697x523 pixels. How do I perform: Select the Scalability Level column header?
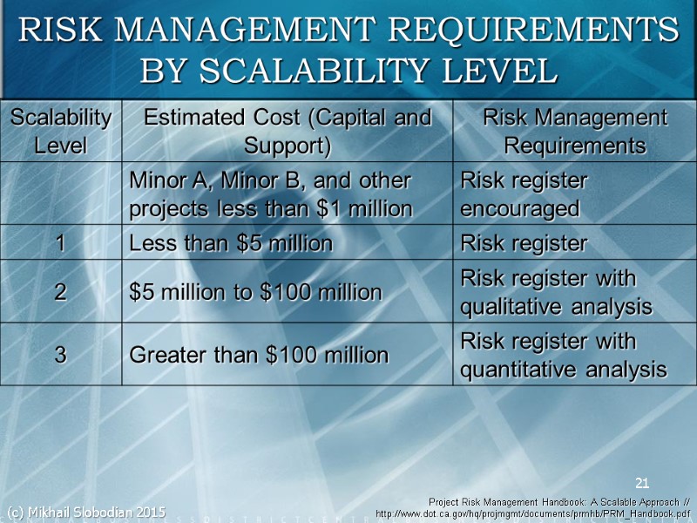[x=61, y=131]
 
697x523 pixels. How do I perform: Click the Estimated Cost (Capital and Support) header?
[x=288, y=131]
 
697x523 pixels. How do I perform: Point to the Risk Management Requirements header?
[x=574, y=131]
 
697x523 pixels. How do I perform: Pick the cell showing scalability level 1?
[x=61, y=243]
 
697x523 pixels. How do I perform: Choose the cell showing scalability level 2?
[x=61, y=292]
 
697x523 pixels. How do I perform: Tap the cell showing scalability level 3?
[x=61, y=354]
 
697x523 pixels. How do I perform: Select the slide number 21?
[x=643, y=483]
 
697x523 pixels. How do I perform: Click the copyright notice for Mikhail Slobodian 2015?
[x=85, y=511]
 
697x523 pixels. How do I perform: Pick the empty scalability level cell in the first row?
[x=61, y=194]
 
